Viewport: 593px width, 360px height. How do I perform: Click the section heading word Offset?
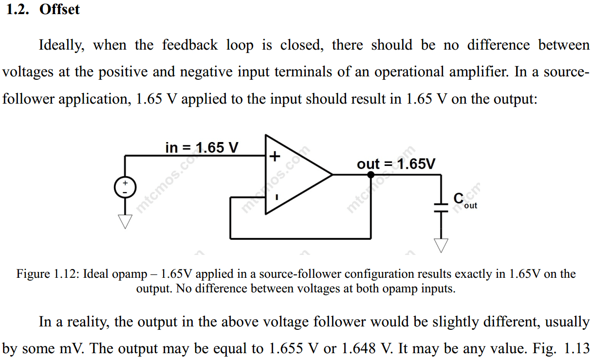pos(59,9)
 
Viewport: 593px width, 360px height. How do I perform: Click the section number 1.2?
pos(19,9)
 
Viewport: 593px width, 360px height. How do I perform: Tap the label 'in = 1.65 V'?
pos(202,147)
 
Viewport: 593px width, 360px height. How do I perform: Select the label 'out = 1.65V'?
pos(396,164)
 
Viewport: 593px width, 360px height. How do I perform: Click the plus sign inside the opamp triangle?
pos(275,156)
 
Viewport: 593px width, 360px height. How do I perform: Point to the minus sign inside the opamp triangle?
pos(276,198)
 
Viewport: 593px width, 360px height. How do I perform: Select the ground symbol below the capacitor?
pos(441,245)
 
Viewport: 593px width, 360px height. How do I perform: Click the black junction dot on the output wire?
pos(371,174)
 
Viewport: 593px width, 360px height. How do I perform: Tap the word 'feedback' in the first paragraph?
pos(190,45)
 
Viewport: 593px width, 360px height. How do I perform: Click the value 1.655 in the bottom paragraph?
pos(284,349)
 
